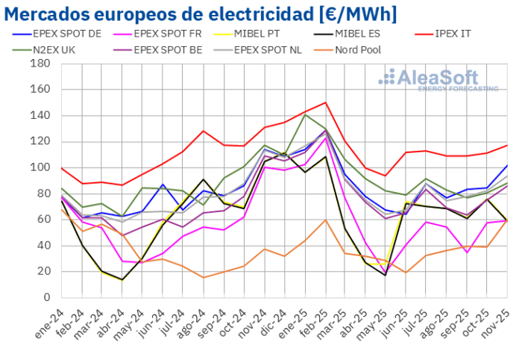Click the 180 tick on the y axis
[x=40, y=63]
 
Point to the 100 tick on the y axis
[x=40, y=167]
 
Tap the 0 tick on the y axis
[x=45, y=297]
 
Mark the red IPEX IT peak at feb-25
[x=326, y=102]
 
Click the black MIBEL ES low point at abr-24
[x=123, y=279]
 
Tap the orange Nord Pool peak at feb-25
[x=326, y=220]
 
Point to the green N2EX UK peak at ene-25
[x=305, y=114]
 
